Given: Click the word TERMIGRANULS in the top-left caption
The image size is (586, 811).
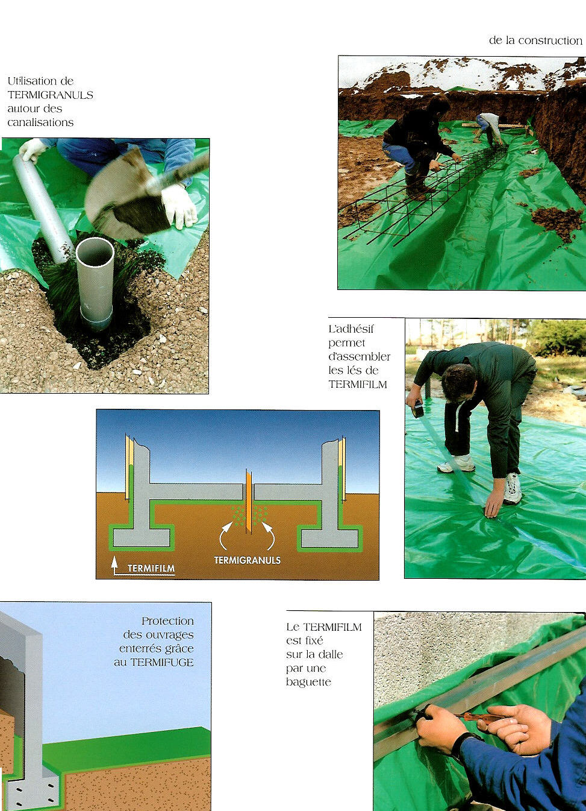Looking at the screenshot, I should (50, 95).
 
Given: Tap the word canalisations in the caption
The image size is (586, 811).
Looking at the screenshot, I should (40, 122).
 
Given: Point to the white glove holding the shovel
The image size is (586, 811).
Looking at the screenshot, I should (179, 206).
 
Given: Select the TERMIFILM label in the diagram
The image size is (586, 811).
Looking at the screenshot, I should (151, 568).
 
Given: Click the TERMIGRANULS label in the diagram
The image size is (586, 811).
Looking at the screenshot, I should (247, 560).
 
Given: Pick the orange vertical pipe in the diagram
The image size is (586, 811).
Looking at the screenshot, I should (248, 501).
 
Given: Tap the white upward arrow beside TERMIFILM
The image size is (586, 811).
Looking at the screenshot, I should (114, 566).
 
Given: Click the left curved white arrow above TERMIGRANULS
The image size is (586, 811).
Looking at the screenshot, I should (225, 534).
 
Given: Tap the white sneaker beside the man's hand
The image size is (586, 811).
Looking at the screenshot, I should (513, 488).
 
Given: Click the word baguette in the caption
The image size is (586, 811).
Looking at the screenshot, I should (308, 682).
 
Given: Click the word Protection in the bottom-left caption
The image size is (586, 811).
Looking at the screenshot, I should (167, 621).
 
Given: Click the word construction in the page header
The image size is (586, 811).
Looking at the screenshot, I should (550, 40).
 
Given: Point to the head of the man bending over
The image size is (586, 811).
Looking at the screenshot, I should (458, 382).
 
